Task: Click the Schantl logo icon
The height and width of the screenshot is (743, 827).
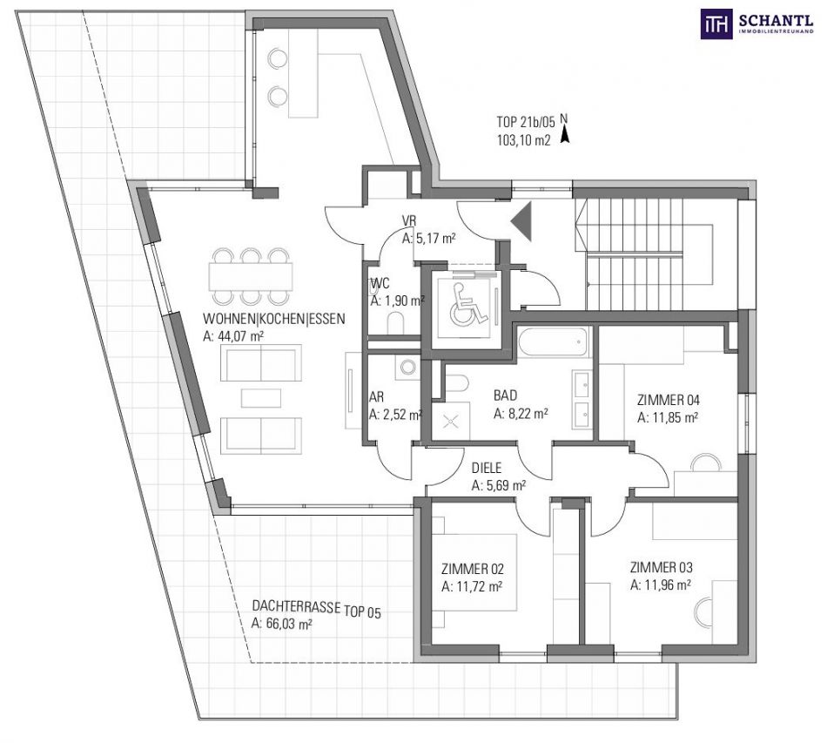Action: tap(716, 24)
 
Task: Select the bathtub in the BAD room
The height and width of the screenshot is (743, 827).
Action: tap(553, 341)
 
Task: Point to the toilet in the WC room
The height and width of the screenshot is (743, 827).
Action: tap(394, 323)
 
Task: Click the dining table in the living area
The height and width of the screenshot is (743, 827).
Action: tap(250, 276)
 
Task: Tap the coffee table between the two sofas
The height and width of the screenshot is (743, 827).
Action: tap(261, 398)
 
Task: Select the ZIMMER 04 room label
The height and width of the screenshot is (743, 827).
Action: tap(668, 400)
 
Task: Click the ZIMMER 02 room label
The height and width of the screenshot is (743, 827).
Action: tap(472, 569)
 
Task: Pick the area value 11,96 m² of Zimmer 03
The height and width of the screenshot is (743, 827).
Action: tap(661, 584)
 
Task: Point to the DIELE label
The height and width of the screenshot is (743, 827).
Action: tap(487, 468)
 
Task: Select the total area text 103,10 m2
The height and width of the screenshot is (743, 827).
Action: tap(523, 140)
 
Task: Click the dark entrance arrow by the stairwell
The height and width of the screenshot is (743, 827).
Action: tap(521, 221)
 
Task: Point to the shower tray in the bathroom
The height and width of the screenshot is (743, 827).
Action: tap(450, 421)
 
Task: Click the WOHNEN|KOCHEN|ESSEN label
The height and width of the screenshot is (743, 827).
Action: tap(274, 319)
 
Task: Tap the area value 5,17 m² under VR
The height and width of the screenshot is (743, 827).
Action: tap(428, 238)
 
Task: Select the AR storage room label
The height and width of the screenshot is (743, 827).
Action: tap(376, 397)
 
